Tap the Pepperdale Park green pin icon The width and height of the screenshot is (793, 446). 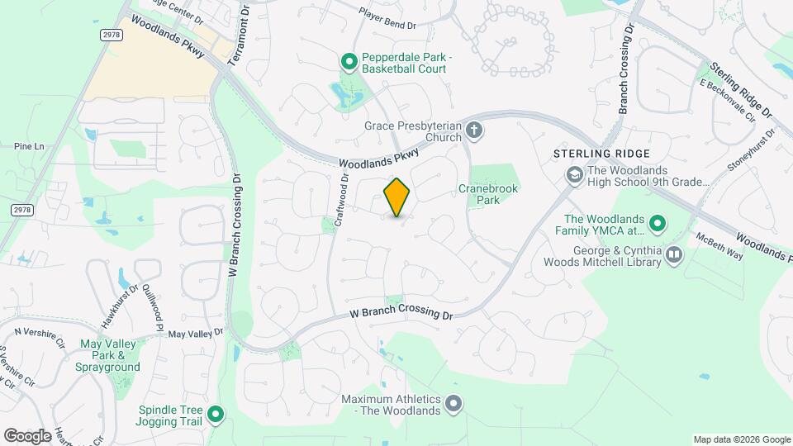click(349, 60)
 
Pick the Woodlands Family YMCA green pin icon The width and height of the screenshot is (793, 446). click(658, 222)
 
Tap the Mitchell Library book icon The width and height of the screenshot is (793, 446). click(674, 255)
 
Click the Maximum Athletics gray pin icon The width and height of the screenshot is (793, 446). click(453, 404)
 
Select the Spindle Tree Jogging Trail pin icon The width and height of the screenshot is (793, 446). click(216, 414)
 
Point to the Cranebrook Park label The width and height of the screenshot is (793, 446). click(488, 194)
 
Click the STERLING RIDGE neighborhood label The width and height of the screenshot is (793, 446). click(602, 154)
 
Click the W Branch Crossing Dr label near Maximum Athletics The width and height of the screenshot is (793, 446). click(402, 315)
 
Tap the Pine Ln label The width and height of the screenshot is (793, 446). click(28, 146)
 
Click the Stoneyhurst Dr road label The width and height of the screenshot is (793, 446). click(752, 149)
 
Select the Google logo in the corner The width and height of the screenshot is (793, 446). click(28, 435)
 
